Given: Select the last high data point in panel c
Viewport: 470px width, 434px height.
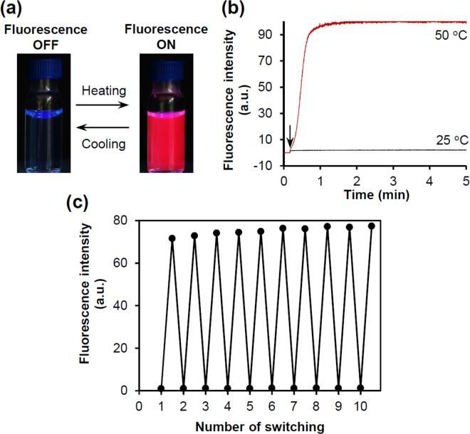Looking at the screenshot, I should (x=371, y=226).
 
